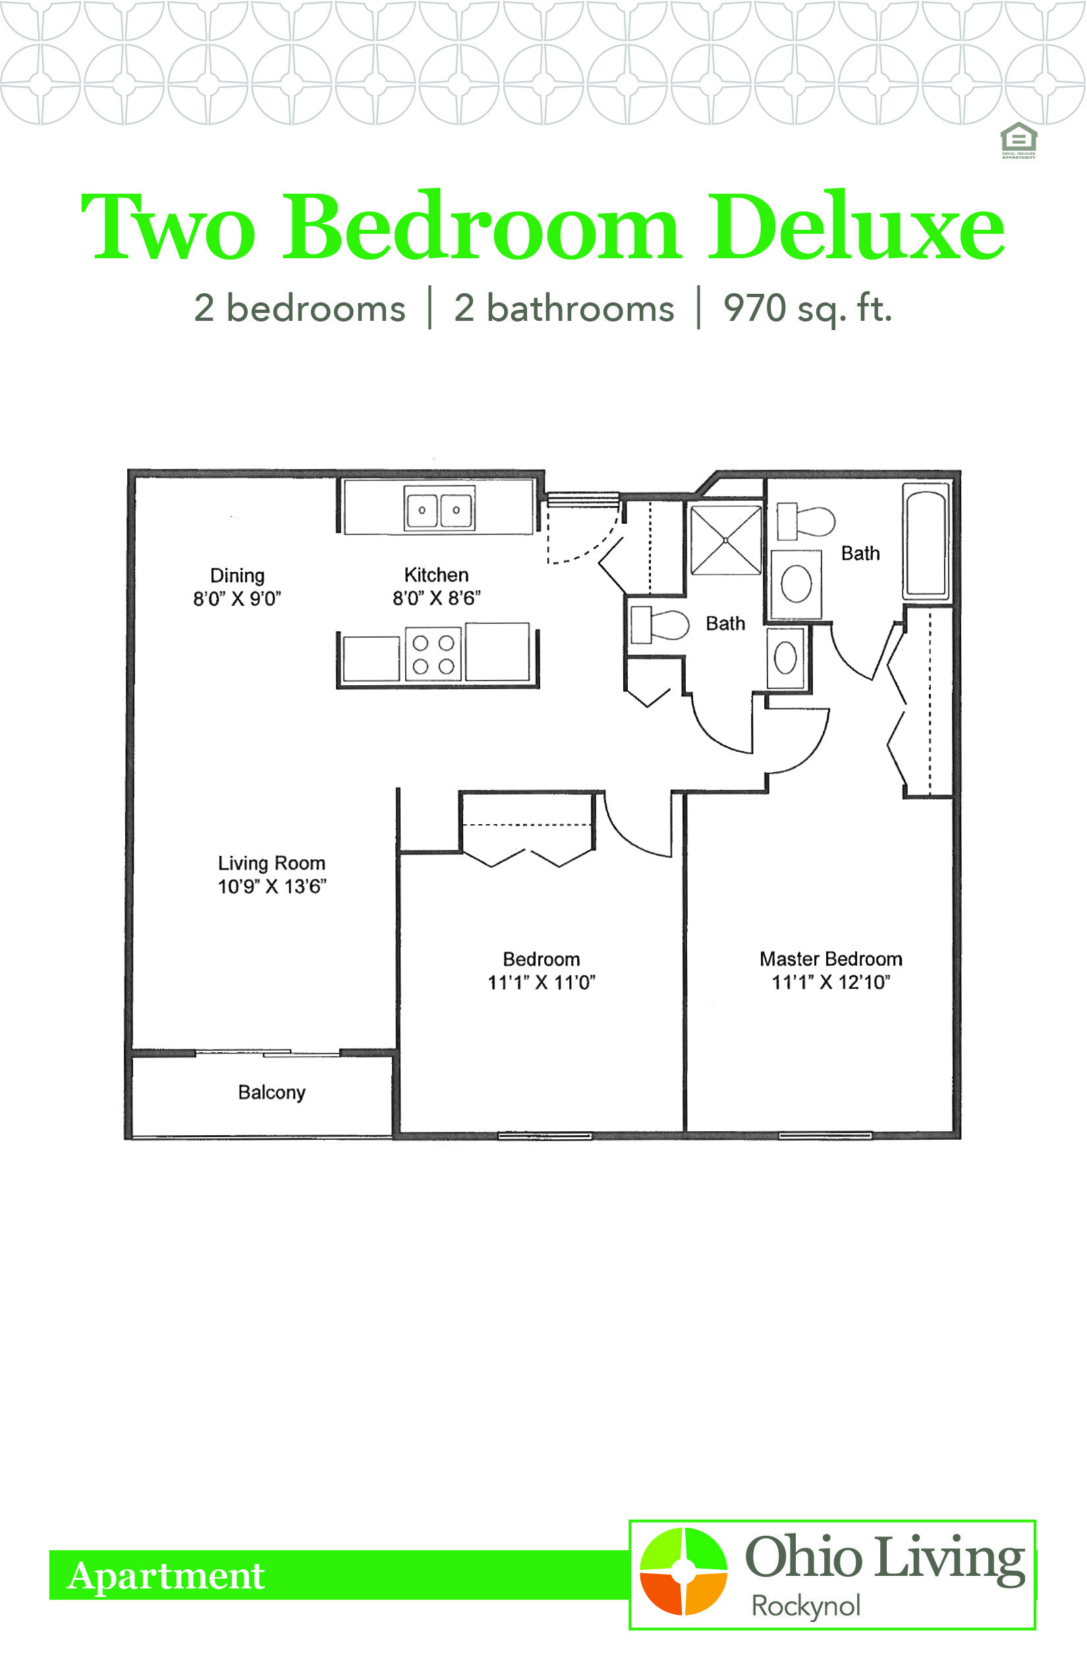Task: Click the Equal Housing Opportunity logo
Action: pos(1018,140)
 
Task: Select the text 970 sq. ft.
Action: pos(808,309)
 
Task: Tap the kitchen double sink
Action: pos(439,508)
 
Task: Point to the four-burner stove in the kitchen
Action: pos(433,654)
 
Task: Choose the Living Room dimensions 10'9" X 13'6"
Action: pos(271,887)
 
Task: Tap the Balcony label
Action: pos(271,1093)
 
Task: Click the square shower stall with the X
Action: pos(726,541)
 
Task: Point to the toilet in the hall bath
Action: pos(659,625)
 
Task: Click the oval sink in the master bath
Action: pos(796,584)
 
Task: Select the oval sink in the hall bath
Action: pos(785,658)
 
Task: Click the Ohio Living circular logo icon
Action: pos(683,1571)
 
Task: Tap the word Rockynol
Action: pos(806,1607)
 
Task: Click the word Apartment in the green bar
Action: pos(166,1576)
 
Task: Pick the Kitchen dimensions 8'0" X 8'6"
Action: pos(437,599)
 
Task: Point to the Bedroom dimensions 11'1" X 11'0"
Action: pos(542,982)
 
